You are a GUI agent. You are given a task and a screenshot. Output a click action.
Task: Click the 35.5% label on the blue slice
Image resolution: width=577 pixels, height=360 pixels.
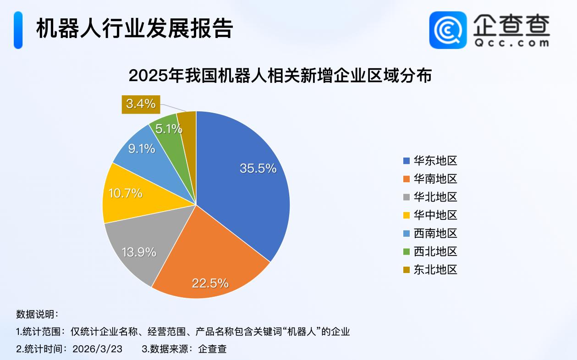258,168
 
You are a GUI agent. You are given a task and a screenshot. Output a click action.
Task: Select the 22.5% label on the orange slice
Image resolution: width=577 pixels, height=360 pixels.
210,283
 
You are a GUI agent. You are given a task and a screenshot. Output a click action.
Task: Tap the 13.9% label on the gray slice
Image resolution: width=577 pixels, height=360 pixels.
139,251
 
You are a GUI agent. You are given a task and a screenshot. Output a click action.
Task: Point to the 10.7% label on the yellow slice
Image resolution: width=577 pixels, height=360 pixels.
125,193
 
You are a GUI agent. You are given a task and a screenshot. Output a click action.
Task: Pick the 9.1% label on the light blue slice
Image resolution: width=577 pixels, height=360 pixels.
141,149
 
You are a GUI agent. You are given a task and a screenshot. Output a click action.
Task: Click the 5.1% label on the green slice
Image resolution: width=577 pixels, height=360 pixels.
168,129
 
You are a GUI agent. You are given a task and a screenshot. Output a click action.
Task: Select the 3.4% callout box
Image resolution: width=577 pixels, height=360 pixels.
141,104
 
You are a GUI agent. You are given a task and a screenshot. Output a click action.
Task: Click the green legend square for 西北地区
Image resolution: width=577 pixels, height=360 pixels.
406,252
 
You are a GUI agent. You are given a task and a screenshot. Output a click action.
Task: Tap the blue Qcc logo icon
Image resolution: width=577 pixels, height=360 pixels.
447,30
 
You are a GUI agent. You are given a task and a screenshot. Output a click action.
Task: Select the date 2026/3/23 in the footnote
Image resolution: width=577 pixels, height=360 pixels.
97,349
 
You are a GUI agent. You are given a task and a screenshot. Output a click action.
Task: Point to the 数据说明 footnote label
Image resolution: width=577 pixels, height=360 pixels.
37,314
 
